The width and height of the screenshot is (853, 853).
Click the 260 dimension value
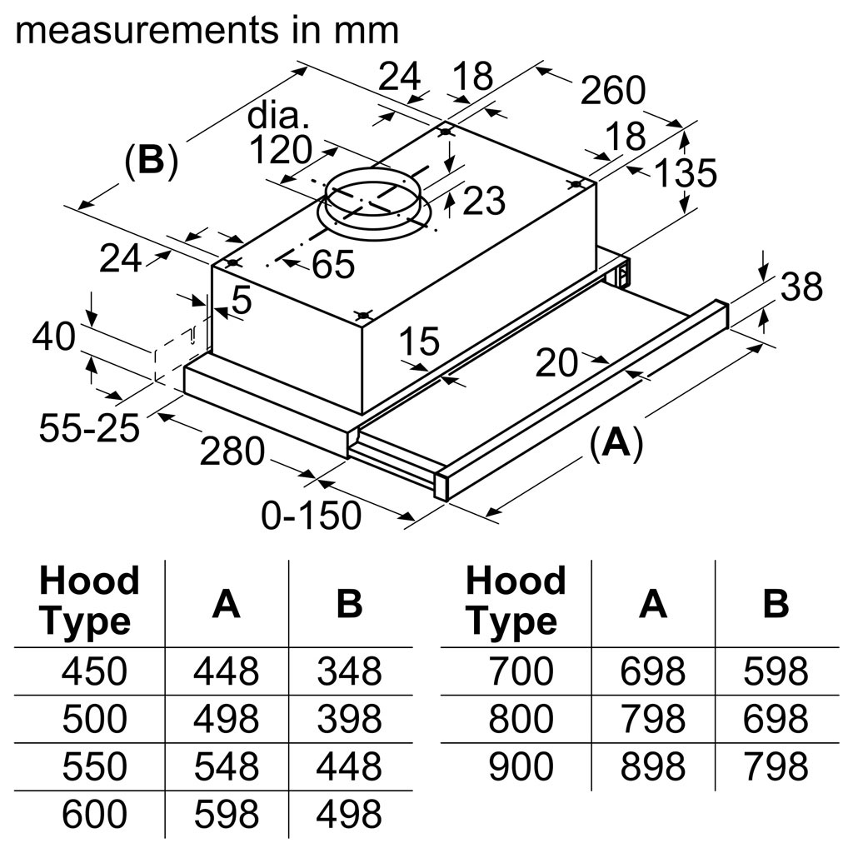click(613, 91)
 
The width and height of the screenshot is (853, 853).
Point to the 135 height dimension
click(685, 174)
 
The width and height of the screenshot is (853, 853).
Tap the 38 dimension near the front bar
click(801, 287)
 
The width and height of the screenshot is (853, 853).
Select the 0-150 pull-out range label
click(312, 516)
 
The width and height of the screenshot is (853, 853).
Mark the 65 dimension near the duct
click(333, 265)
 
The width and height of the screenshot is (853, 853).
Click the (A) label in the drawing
click(616, 445)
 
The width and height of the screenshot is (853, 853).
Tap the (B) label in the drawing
click(151, 160)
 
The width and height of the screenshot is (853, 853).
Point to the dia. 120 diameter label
click(280, 136)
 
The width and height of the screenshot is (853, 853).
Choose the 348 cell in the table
click(349, 671)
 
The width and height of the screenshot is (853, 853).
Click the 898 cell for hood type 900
click(652, 766)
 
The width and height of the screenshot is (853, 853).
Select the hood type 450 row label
click(95, 671)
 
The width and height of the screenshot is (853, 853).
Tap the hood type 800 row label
click(521, 719)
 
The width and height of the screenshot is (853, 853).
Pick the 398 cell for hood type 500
click(349, 719)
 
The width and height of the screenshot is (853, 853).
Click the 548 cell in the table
click(226, 766)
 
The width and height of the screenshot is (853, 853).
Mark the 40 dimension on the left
click(53, 337)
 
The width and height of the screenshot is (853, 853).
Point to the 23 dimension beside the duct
click(483, 201)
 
